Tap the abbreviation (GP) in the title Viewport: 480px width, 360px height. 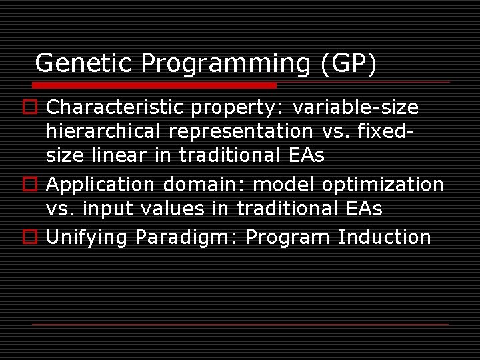click(x=349, y=63)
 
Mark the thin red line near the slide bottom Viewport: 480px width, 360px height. click(x=241, y=325)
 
